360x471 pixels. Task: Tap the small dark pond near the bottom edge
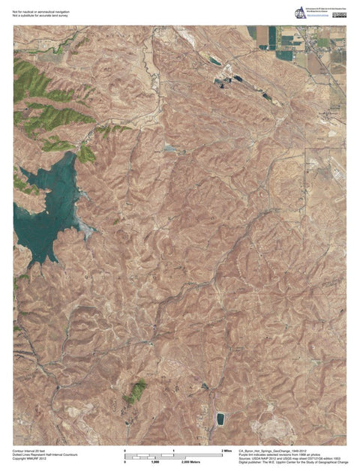[220, 418]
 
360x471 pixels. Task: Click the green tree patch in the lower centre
[136, 391]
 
